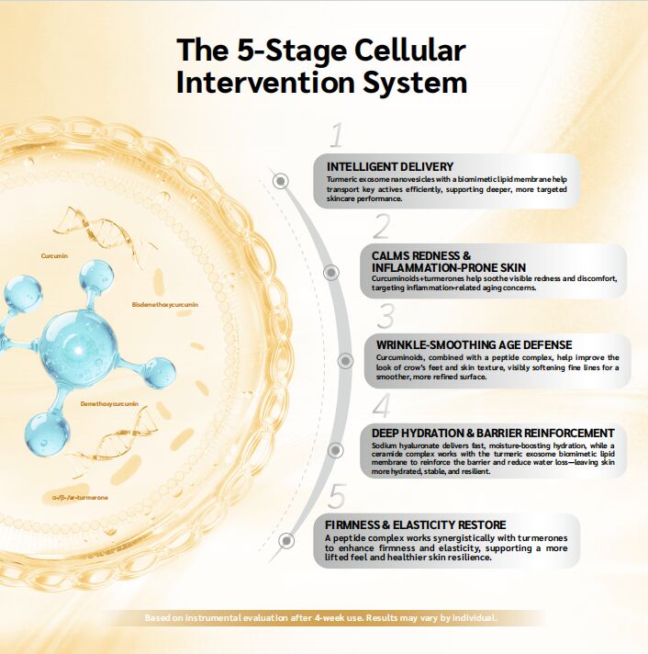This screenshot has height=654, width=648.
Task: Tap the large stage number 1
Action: click(336, 137)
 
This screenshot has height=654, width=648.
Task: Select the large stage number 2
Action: click(382, 227)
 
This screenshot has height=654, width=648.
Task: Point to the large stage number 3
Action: click(385, 317)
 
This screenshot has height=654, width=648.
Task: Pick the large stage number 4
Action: click(381, 405)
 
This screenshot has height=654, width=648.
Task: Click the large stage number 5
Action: click(337, 497)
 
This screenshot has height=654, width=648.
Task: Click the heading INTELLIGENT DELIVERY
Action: click(390, 166)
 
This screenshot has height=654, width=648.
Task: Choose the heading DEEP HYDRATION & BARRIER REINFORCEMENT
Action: click(493, 433)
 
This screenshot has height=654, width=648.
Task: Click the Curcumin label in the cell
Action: click(55, 254)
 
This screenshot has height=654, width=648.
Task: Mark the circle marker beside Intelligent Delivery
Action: click(282, 181)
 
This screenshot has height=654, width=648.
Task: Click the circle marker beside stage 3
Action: click(345, 360)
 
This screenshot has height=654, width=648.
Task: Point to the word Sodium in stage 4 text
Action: click(387, 445)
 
